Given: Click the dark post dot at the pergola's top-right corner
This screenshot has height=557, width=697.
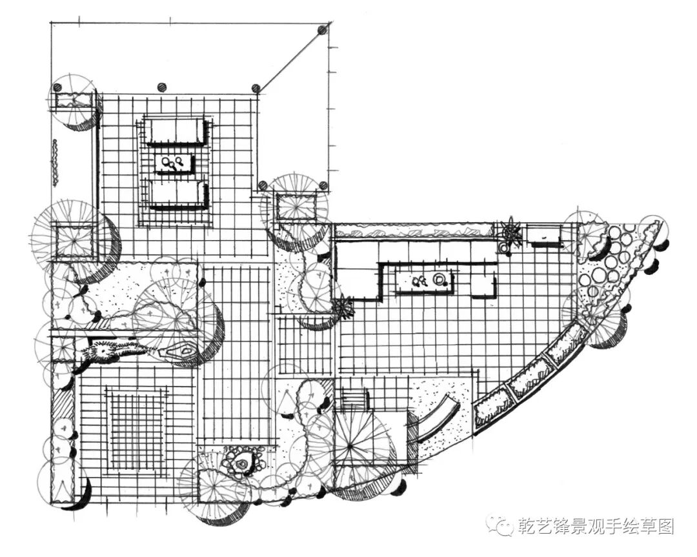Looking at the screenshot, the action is [x=322, y=29].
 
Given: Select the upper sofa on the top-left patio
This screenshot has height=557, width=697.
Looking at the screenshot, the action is [x=174, y=131].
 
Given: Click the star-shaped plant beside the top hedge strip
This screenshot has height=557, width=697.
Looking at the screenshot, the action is [x=511, y=232].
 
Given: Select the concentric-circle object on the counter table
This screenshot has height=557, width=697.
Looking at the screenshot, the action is [x=439, y=280].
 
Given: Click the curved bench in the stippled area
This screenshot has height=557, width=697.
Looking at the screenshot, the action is [x=438, y=420].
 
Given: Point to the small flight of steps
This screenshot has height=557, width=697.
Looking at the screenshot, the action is [x=352, y=399].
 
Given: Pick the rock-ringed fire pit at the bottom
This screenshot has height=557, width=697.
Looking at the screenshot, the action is [x=242, y=462].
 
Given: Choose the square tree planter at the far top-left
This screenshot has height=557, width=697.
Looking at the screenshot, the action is [x=73, y=103].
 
